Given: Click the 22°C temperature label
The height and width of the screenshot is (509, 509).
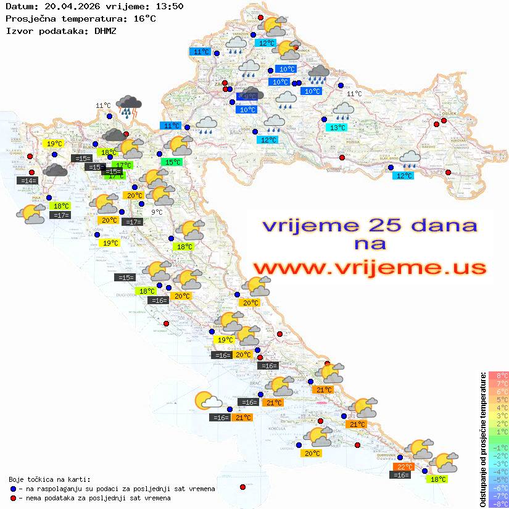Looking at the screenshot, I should click(x=405, y=466).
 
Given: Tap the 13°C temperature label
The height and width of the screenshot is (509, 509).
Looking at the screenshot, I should click(x=337, y=128).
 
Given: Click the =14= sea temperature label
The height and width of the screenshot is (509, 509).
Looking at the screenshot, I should click(x=27, y=181).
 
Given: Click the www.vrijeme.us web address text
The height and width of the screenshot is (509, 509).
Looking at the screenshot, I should click(x=369, y=268).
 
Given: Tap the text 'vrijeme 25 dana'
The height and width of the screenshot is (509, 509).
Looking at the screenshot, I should click(x=370, y=225).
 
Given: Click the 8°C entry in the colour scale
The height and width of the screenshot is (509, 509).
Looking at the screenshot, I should click(x=499, y=375).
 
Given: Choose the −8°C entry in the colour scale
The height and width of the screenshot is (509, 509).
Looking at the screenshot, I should click(x=499, y=503).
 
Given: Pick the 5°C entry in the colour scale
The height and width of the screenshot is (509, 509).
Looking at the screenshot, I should click(x=499, y=399).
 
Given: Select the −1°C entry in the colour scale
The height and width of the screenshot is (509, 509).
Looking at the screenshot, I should click(x=499, y=447).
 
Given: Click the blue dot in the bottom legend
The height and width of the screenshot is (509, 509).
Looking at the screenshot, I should click(x=14, y=489).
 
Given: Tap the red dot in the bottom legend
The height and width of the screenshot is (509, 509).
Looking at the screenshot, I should click(x=14, y=498).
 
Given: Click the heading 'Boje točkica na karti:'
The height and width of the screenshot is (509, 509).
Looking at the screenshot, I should click(x=49, y=479).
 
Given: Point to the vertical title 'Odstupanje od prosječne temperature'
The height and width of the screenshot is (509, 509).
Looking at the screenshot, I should click(x=482, y=439).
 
